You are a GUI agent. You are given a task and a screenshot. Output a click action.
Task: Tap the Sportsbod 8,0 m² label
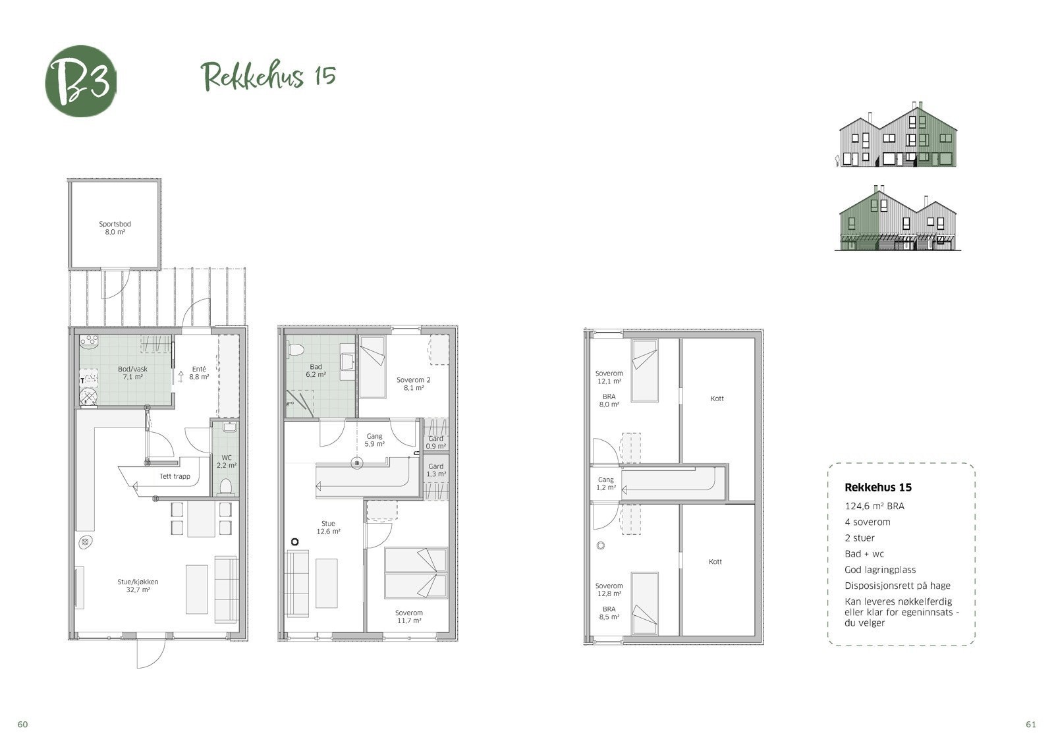click(115, 228)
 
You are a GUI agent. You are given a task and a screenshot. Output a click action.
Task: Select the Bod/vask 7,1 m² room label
click(132, 373)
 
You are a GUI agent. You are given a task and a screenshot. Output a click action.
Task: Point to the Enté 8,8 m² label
click(198, 373)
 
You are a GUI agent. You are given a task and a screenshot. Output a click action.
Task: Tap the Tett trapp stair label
click(175, 476)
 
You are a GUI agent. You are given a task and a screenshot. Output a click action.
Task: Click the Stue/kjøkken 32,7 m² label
click(138, 586)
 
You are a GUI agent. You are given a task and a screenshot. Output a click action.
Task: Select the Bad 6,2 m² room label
click(316, 370)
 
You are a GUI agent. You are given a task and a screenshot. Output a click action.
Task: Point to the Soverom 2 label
click(413, 384)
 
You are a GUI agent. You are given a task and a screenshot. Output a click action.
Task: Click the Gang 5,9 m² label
click(374, 440)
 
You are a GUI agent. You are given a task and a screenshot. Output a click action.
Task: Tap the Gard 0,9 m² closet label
click(435, 442)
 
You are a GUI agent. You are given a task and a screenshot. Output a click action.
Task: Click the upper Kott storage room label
click(717, 399)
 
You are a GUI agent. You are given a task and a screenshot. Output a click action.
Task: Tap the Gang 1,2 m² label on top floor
click(605, 483)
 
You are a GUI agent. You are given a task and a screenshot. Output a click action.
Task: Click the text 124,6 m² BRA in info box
click(874, 507)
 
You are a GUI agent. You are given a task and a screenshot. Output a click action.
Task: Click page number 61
click(1031, 725)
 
